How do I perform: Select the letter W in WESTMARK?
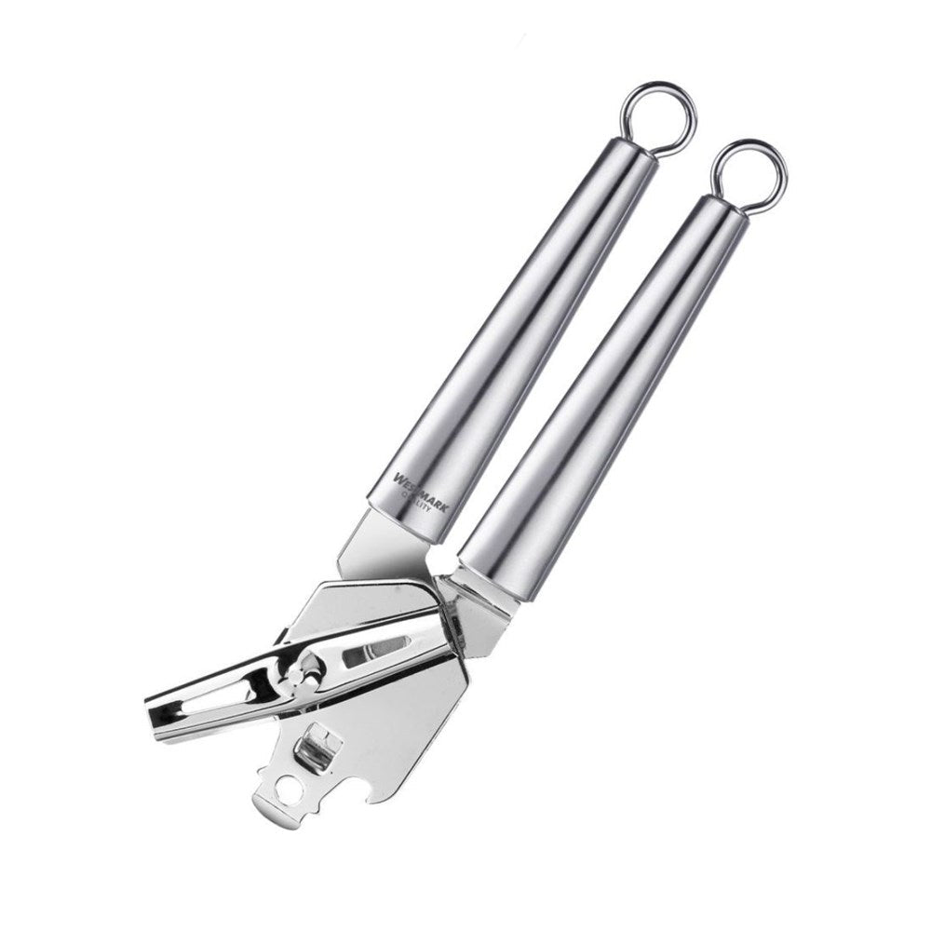point(398,478)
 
